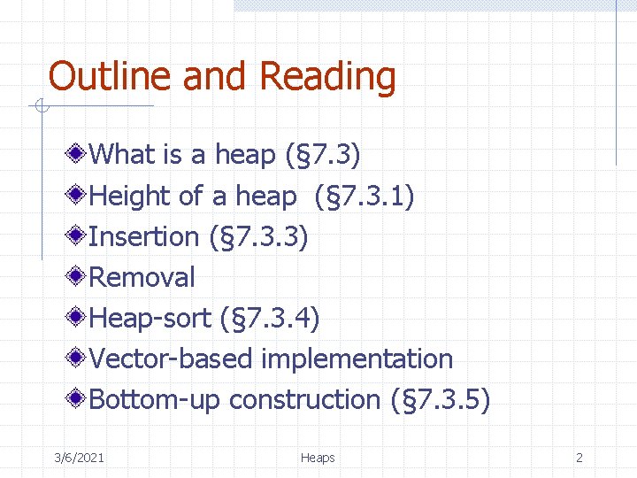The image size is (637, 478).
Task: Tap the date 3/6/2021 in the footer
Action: click(x=79, y=458)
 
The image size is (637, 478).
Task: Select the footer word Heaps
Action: click(x=318, y=458)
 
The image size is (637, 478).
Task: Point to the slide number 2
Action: click(x=579, y=458)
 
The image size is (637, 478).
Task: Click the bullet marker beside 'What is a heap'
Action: click(x=78, y=155)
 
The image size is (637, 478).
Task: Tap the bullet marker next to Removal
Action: click(x=78, y=277)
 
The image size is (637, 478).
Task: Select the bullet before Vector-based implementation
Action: click(x=78, y=358)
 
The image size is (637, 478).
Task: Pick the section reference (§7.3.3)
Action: click(x=258, y=236)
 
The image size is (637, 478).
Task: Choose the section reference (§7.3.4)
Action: click(x=270, y=318)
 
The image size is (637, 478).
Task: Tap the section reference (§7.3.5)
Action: click(x=440, y=399)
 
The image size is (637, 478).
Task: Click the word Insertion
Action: click(x=144, y=236)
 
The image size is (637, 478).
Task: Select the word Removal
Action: click(x=142, y=277)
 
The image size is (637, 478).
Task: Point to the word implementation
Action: click(x=357, y=359)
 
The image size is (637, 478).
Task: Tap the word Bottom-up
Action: click(x=156, y=400)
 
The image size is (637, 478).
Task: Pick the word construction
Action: click(x=305, y=399)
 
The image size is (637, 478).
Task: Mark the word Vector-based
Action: click(x=172, y=358)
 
